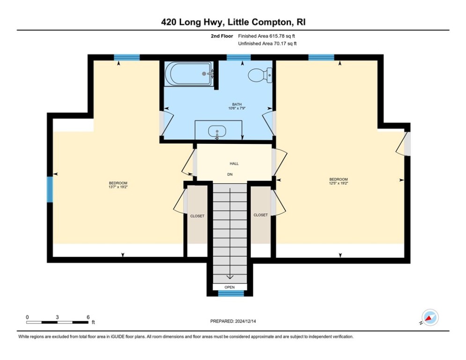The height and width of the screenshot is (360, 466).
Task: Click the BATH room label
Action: [x=237, y=105]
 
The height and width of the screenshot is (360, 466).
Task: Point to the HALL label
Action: [x=234, y=164]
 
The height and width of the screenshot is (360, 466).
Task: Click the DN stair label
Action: [x=230, y=174]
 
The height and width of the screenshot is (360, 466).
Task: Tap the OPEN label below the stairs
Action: [x=229, y=287]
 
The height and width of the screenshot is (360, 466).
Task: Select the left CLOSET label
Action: [x=197, y=216]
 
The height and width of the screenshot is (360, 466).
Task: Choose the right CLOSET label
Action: [x=260, y=215]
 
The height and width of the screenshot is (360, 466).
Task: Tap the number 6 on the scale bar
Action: [x=88, y=317]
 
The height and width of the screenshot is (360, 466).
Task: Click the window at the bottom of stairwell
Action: [x=231, y=293]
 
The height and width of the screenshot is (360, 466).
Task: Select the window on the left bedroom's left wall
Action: [x=50, y=189]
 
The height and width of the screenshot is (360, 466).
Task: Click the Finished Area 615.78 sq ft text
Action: [x=266, y=36]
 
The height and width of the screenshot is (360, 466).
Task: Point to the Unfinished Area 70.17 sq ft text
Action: [x=267, y=43]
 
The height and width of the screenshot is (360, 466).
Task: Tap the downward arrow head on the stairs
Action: [x=230, y=277]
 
